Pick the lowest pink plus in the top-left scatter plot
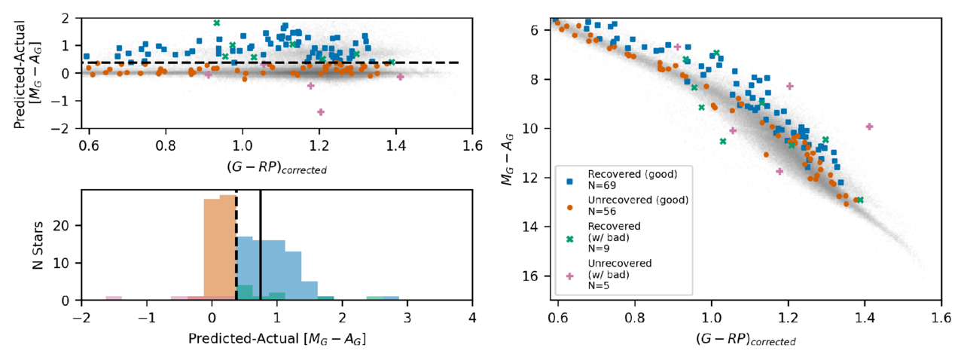click(x=321, y=112)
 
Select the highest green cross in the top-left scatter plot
click(x=217, y=23)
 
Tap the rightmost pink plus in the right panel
click(x=869, y=127)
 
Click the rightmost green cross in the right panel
click(x=859, y=200)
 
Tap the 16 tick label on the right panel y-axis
click(x=532, y=276)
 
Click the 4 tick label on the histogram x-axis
click(x=472, y=316)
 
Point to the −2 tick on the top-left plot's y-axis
click(x=66, y=129)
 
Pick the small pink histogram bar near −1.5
click(x=114, y=298)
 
